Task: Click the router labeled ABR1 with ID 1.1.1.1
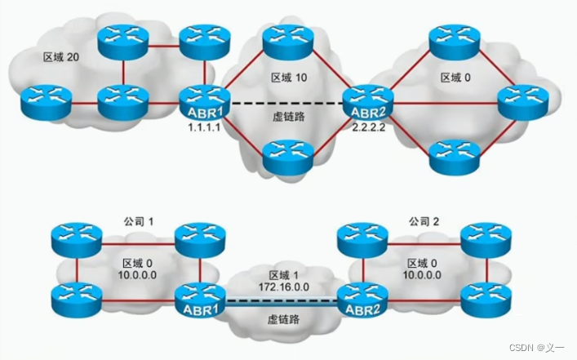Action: tap(202, 102)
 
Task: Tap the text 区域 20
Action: tap(60, 58)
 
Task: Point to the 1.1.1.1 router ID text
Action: tap(202, 127)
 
